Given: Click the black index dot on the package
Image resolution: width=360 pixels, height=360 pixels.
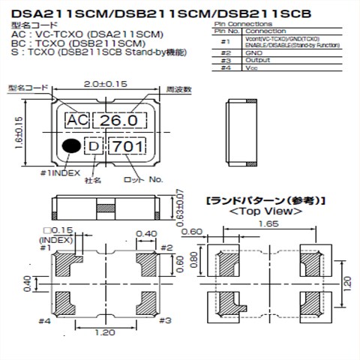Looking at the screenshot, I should [70, 145].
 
